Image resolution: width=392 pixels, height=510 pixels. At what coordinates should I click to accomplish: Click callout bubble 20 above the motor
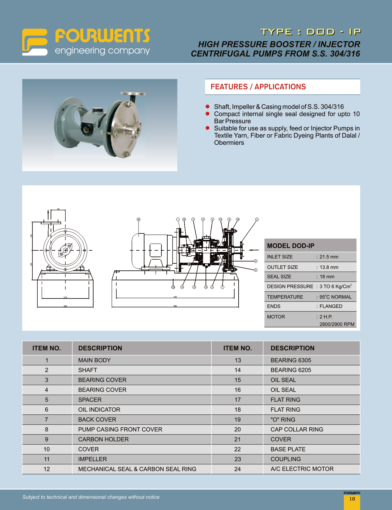pos(139,219)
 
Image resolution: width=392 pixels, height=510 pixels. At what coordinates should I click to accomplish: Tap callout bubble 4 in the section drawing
pos(257,219)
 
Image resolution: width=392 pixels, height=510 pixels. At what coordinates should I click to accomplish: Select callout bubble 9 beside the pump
pos(256,261)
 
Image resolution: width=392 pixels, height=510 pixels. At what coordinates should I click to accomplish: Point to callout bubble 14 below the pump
pos(182,287)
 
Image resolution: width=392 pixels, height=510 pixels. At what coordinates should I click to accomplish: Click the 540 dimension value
pos(175,297)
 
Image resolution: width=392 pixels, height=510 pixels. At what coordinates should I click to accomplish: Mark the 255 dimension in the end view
pos(65,306)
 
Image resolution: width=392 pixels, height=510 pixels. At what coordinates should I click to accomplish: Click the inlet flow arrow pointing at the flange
pos(254,250)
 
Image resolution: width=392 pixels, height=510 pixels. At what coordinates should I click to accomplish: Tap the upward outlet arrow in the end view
pos(48,213)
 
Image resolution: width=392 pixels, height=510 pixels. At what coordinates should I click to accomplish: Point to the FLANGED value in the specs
pos(331,306)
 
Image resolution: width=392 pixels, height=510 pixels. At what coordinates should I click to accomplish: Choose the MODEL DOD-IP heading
pos(290,246)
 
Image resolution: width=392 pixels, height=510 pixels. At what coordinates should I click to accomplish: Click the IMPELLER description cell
pos(92,459)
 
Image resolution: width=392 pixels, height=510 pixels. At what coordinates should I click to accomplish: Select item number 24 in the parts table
pos(237,469)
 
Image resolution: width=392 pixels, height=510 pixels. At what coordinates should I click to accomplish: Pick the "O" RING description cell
pos(283,420)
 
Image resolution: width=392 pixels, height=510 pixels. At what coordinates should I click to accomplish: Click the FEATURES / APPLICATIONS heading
pos(258,87)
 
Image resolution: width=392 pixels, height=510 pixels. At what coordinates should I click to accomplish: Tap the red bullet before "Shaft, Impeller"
pos(208,107)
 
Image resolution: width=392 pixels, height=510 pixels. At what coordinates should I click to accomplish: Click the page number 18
pos(352,499)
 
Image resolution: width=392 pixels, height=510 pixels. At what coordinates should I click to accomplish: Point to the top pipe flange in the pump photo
pos(133,93)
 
